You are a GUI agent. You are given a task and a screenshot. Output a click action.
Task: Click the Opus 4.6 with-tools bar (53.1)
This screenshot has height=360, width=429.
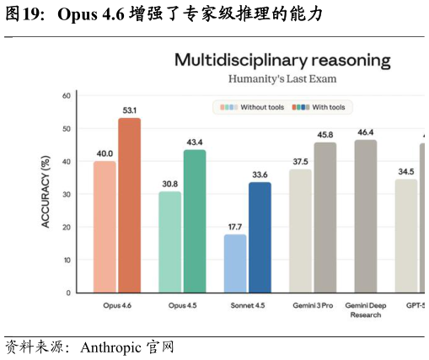[129, 206]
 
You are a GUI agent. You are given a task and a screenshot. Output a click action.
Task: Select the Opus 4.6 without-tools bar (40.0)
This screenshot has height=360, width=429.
[105, 227]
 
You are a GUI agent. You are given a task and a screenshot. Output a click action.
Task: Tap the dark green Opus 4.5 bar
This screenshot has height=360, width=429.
[195, 222]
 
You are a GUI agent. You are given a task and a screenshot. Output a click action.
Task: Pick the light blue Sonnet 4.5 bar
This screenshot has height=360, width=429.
[235, 264]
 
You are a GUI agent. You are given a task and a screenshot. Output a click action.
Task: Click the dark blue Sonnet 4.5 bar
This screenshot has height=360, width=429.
[260, 238]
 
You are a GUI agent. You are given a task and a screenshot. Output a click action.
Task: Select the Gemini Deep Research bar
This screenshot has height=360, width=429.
[366, 217]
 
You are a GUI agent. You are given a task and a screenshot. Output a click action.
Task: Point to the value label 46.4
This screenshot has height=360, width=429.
[366, 132]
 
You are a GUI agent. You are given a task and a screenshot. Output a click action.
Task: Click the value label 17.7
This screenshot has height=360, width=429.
[235, 227]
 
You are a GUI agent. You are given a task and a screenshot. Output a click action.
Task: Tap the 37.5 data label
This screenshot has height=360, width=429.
[300, 162]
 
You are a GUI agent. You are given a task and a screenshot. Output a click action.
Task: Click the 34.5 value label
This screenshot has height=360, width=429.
[406, 171]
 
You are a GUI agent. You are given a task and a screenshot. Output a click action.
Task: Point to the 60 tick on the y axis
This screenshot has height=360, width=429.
[67, 96]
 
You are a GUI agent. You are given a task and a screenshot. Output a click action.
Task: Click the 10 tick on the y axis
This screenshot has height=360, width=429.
[67, 261]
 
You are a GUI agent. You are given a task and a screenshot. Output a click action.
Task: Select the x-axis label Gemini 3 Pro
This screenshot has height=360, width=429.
[313, 305]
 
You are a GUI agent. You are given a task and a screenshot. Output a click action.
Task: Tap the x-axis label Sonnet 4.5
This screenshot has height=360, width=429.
[248, 305]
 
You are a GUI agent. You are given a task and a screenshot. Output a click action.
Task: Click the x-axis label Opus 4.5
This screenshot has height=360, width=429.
[182, 305]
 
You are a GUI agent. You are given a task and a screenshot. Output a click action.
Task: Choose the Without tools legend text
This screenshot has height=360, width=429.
[262, 107]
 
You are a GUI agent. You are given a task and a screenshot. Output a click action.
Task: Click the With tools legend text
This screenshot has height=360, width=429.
[329, 107]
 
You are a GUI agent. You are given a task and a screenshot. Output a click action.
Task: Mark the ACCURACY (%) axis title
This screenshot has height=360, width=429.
[46, 191]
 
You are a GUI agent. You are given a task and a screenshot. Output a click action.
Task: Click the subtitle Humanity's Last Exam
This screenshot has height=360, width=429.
[282, 79]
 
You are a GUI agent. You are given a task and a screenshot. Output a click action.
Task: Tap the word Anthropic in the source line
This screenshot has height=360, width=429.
[110, 347]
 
